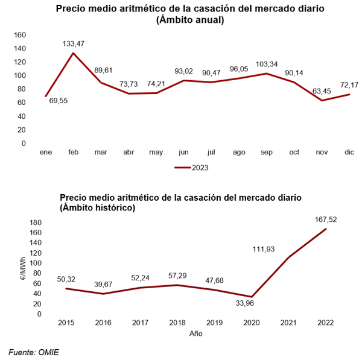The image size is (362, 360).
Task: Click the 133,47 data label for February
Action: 74,43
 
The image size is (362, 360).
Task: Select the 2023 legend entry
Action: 192,167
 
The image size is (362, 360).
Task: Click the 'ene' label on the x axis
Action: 46,153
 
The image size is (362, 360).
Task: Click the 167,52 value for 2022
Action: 325,219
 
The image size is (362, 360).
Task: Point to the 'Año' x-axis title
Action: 196,333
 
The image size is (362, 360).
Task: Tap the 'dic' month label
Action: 349,153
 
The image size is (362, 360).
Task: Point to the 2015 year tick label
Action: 66,323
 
